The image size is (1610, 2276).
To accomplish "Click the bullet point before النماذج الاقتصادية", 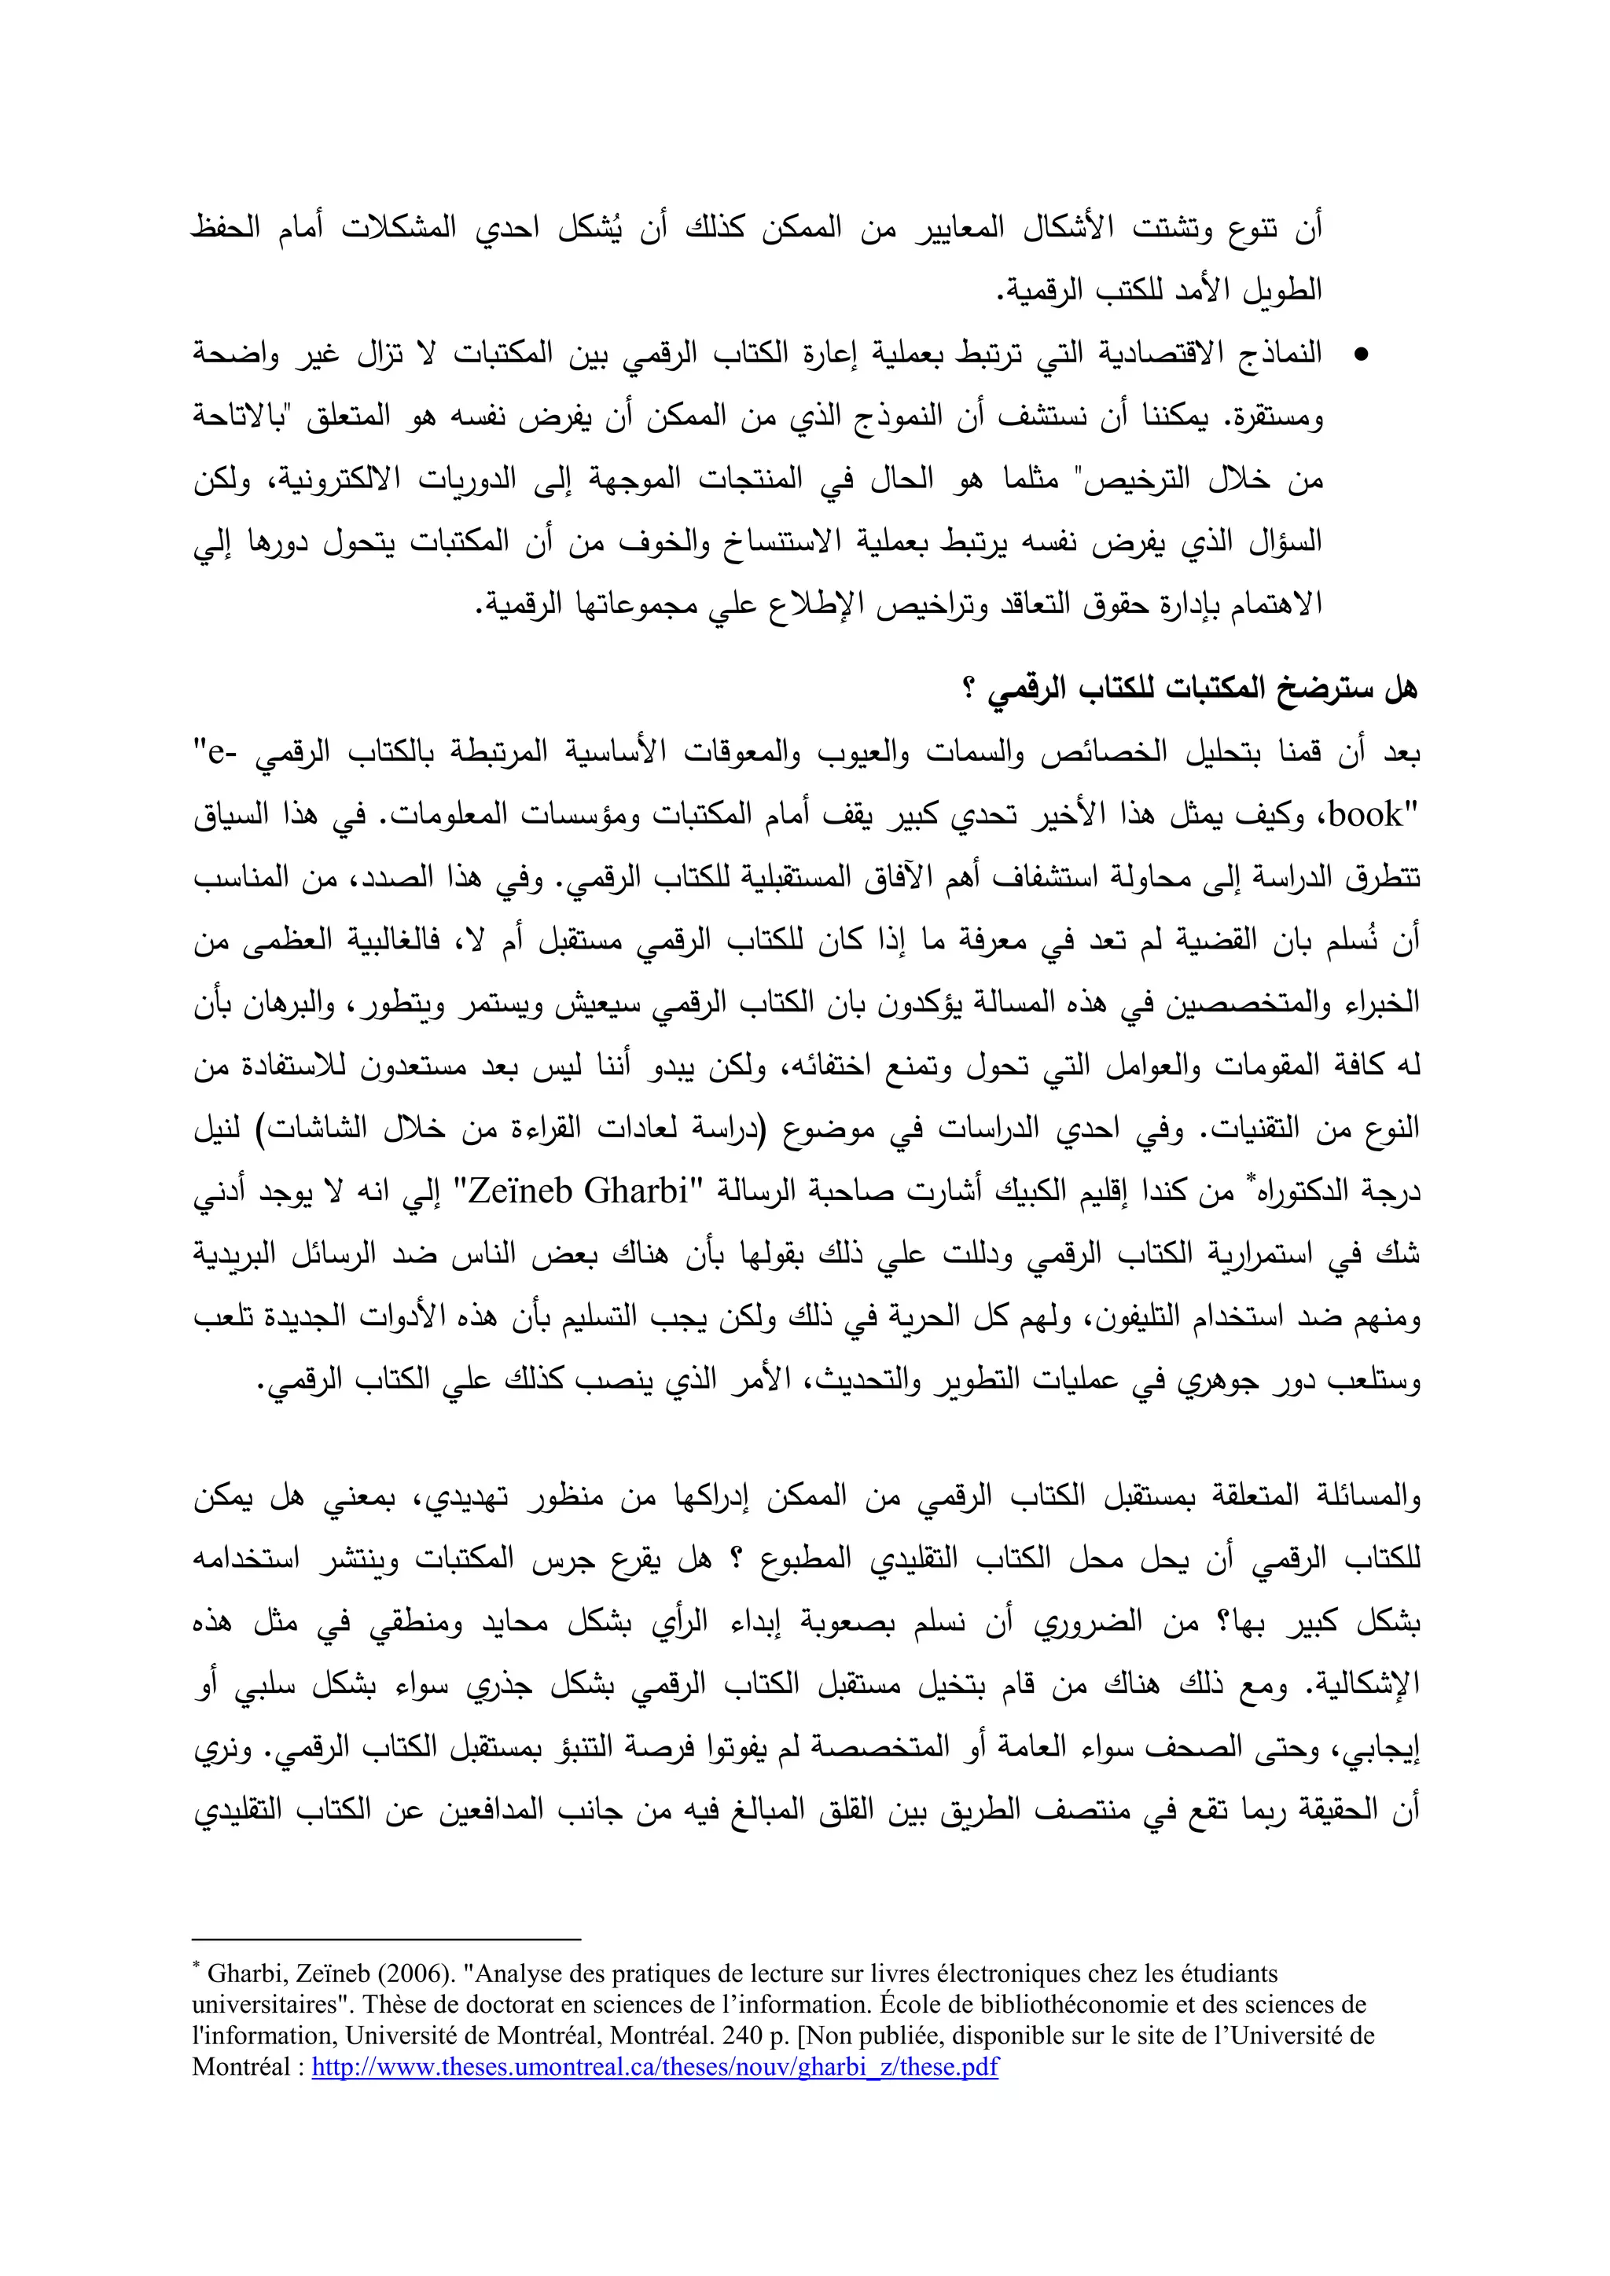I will click(x=1361, y=354).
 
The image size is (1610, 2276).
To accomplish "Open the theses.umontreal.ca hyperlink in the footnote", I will click(x=654, y=2068).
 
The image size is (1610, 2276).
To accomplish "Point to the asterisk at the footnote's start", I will click(x=197, y=1969).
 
